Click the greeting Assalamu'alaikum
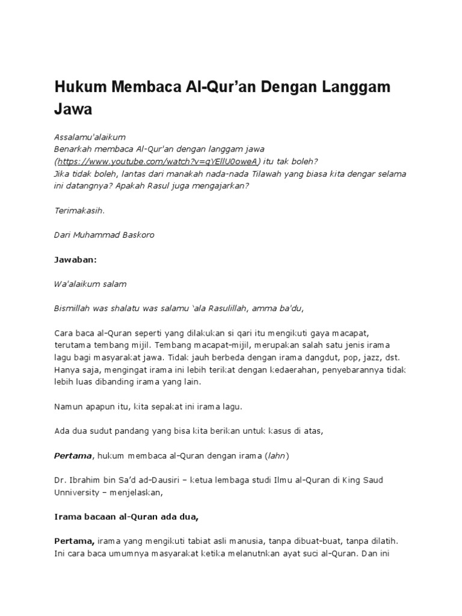tap(90, 137)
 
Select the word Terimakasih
tap(79, 211)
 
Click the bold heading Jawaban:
tap(75, 259)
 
